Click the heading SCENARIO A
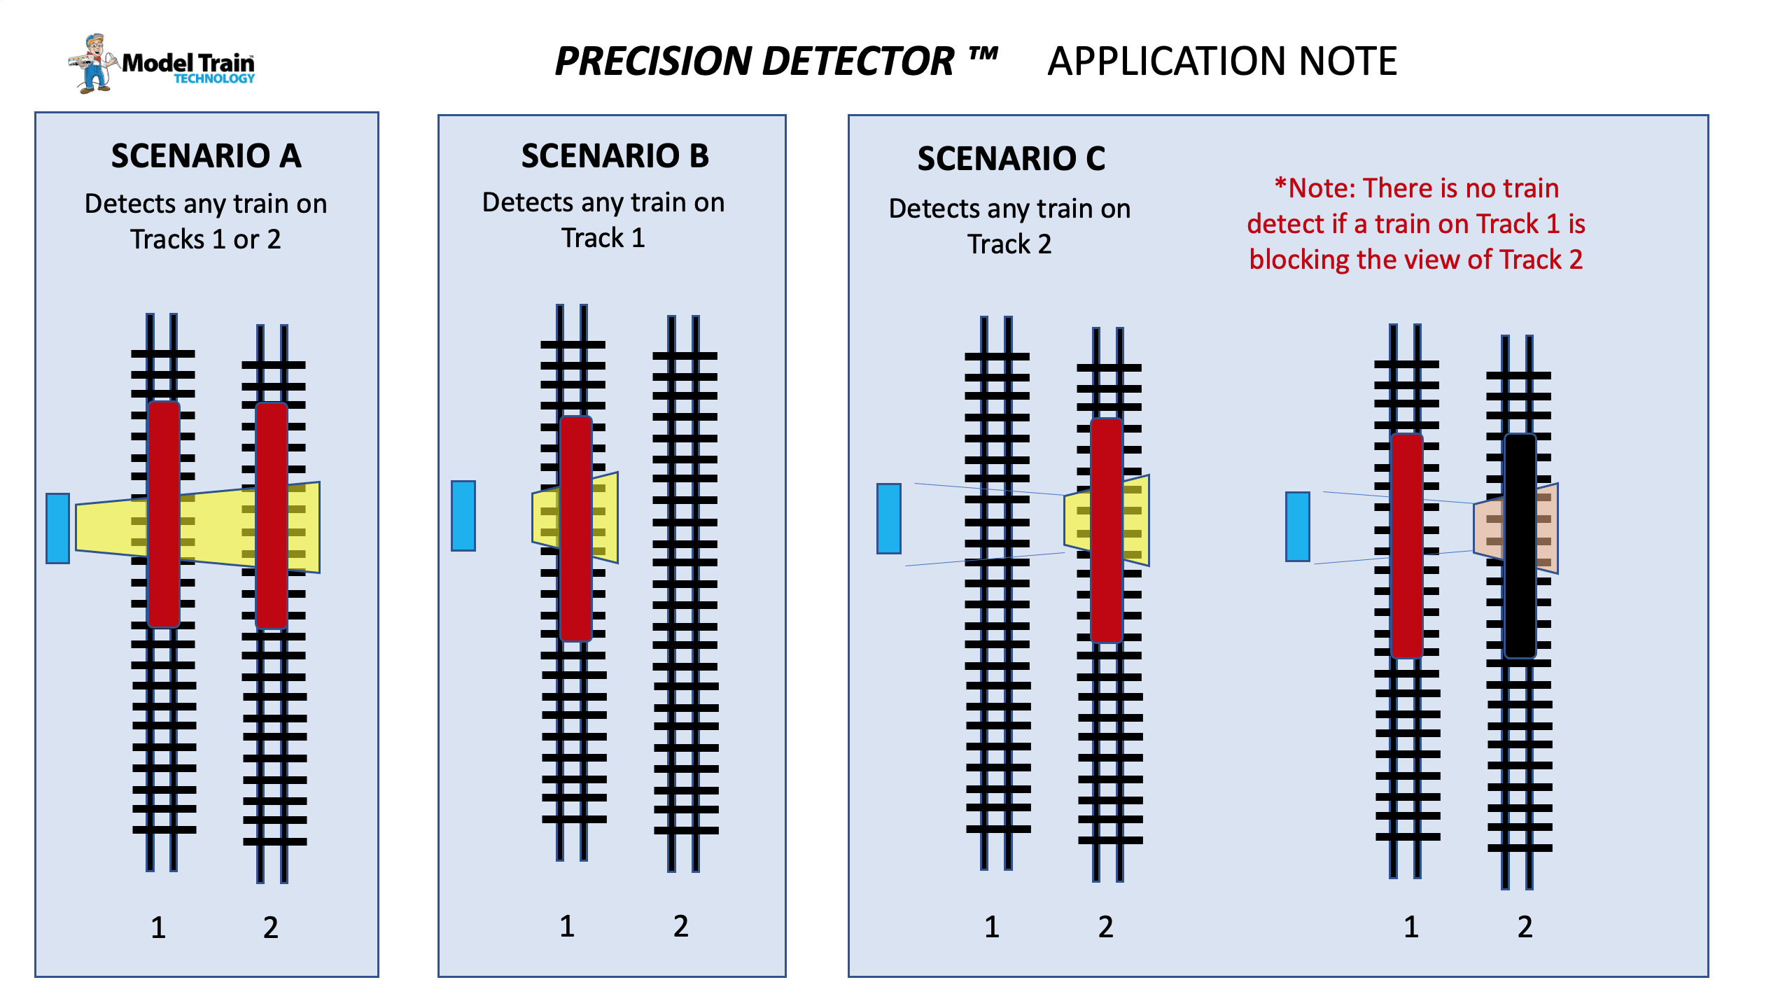206,155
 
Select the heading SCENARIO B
615,155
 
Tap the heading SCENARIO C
1011,158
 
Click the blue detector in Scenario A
57,528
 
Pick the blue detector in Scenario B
463,515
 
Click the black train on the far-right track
1520,546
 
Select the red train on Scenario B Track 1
576,528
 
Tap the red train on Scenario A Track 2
272,516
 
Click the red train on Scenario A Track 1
164,514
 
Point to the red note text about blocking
1416,223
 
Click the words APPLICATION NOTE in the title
1222,61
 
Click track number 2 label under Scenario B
681,926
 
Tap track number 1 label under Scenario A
158,927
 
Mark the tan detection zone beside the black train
1516,528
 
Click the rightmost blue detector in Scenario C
1298,526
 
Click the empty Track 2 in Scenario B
685,594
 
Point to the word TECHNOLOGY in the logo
214,78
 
